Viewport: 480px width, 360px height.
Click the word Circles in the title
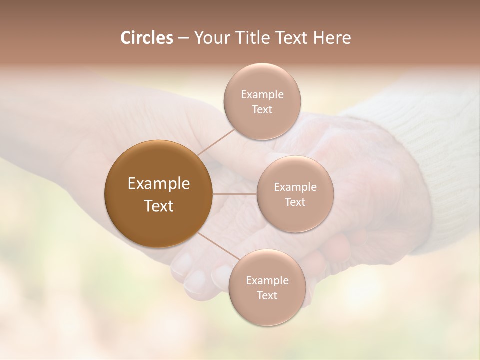point(146,38)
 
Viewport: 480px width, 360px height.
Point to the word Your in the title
point(210,38)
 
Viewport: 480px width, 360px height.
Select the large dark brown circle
point(158,194)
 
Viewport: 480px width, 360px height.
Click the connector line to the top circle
point(216,142)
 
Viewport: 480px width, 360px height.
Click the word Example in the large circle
point(158,184)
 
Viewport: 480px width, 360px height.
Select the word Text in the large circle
point(158,206)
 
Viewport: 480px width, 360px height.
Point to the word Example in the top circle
point(262,95)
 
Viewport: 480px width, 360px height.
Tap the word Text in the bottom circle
point(267,295)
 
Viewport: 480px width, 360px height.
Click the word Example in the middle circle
point(295,187)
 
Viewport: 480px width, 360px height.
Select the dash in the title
point(183,38)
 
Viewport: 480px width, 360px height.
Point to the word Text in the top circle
point(262,110)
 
